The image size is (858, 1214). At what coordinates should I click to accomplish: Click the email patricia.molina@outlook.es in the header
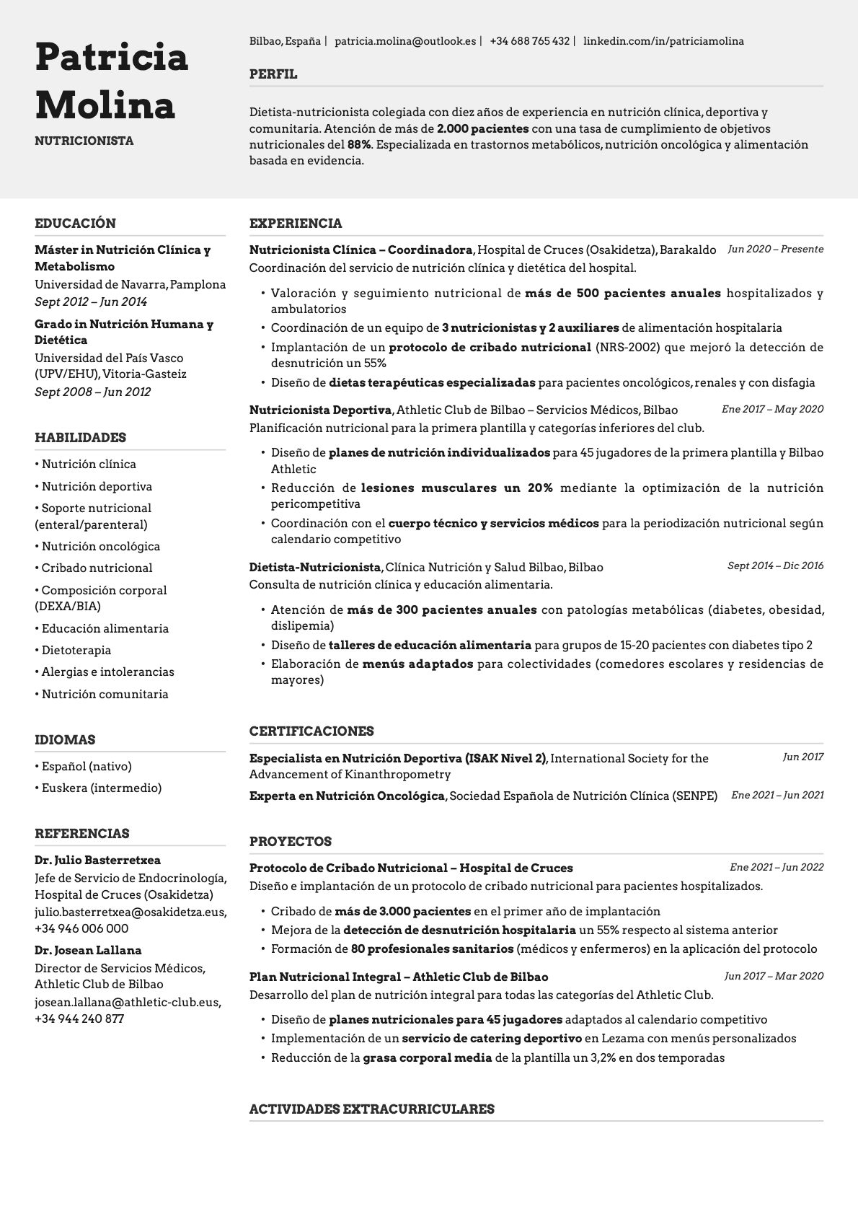point(405,41)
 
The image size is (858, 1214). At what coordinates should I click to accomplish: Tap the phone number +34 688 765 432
point(529,41)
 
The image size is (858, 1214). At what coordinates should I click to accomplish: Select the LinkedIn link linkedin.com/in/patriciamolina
point(663,41)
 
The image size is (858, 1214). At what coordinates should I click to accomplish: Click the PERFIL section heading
point(273,74)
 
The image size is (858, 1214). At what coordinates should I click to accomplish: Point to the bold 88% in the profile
point(358,144)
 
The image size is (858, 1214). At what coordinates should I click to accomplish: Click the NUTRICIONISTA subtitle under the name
point(84,141)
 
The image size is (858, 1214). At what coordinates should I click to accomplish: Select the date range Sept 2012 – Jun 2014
point(91,302)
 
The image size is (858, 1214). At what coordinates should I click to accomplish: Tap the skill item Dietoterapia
point(76,650)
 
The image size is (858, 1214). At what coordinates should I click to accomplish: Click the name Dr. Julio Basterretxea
point(98,860)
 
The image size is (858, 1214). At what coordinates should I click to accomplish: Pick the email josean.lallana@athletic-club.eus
point(128,1002)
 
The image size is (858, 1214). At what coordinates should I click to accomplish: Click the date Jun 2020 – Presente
point(775,249)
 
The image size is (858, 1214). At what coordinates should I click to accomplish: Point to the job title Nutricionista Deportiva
point(320,410)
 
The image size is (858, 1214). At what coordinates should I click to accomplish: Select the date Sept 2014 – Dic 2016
point(775,566)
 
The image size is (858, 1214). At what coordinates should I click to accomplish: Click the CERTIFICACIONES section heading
point(311,731)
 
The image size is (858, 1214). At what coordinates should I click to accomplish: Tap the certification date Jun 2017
point(802,757)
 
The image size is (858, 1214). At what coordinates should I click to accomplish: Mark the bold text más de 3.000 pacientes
point(402,911)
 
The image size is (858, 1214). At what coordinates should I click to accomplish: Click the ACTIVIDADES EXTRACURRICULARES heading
point(371,1109)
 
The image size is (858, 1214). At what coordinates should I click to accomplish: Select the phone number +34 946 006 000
point(81,928)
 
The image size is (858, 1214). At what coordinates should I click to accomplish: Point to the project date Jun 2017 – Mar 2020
point(774,976)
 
